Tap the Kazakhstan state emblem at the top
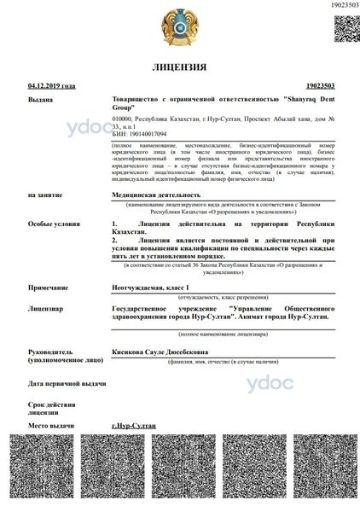pyautogui.click(x=179, y=26)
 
